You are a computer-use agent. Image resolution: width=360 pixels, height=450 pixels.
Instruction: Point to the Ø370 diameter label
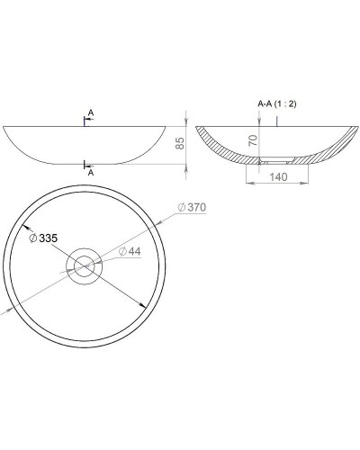point(193,208)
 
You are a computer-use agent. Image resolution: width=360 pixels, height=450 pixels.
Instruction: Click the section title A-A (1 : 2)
point(276,104)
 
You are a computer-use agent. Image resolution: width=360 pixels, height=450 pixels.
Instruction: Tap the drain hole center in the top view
point(85,265)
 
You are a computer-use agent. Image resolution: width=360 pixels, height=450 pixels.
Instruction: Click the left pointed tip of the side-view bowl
point(5,125)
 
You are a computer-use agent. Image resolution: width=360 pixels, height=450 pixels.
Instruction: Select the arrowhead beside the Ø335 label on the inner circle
point(24,229)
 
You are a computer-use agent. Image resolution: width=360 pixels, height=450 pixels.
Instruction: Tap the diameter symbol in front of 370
point(182,208)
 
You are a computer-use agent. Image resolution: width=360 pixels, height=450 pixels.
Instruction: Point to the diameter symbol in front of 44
point(121,251)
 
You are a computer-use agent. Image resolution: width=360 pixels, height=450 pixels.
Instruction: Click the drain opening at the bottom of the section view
point(274,162)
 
